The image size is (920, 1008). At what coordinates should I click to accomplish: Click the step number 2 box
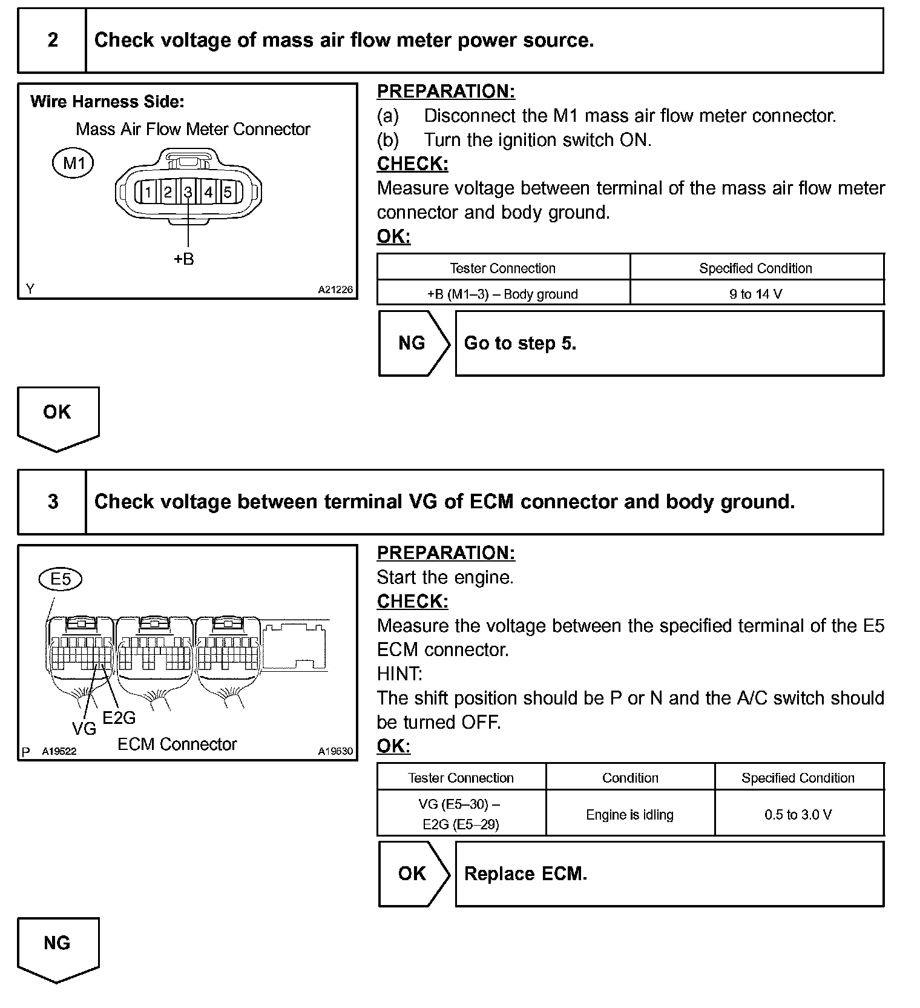(53, 41)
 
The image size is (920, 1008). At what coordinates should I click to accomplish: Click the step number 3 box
(53, 502)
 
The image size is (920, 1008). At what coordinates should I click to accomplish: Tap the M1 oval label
(73, 163)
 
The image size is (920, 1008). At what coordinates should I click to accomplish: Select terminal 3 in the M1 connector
(188, 193)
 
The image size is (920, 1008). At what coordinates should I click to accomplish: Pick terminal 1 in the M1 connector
(148, 193)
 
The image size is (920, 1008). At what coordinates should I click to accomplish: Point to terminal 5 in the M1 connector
(228, 193)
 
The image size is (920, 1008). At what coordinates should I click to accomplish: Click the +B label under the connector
(184, 259)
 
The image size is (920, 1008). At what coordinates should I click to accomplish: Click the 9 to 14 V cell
(756, 294)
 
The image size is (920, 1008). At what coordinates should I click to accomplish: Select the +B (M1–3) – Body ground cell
(502, 294)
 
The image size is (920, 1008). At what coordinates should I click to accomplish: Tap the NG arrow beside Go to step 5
(413, 343)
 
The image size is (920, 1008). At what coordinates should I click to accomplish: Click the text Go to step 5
(520, 343)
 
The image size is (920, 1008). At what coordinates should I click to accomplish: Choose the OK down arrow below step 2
(57, 416)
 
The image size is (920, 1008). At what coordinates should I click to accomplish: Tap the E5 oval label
(61, 580)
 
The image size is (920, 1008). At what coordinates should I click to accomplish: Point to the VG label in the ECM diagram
(84, 729)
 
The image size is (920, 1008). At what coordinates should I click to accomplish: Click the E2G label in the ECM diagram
(119, 718)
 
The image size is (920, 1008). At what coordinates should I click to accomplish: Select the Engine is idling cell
(629, 815)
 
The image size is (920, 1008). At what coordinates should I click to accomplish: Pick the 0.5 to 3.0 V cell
(798, 815)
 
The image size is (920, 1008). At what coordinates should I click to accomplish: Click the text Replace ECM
(525, 874)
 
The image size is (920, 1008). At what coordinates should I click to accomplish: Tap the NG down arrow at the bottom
(57, 947)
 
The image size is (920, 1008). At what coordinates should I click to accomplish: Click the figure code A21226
(335, 290)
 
